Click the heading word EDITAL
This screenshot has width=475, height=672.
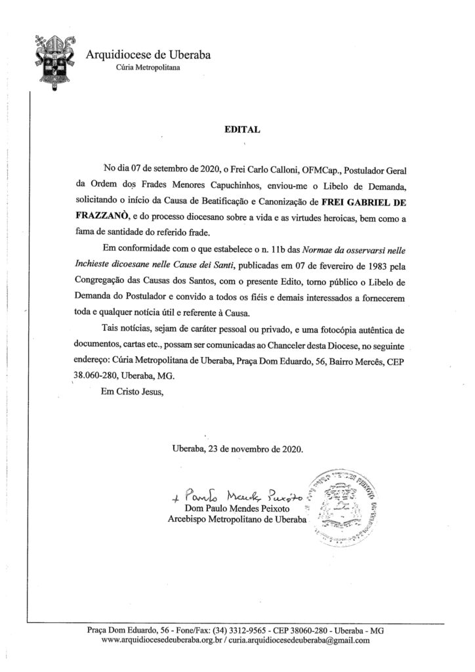pos(239,130)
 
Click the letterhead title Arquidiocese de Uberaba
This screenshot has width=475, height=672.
pos(148,55)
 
